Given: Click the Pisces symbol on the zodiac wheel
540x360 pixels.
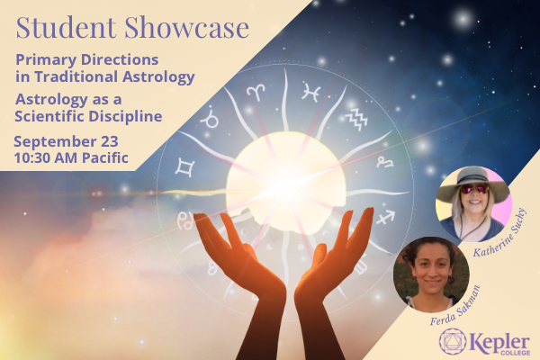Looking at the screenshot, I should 310,91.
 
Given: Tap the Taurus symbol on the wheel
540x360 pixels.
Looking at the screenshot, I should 210,117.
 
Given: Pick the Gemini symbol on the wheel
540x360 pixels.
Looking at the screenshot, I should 186,166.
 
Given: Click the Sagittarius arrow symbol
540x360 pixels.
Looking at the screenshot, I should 384,216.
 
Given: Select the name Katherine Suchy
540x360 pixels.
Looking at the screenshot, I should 510,231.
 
